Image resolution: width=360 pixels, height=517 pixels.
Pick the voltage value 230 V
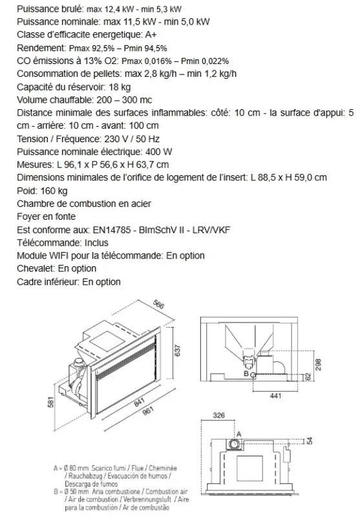(114, 139)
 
